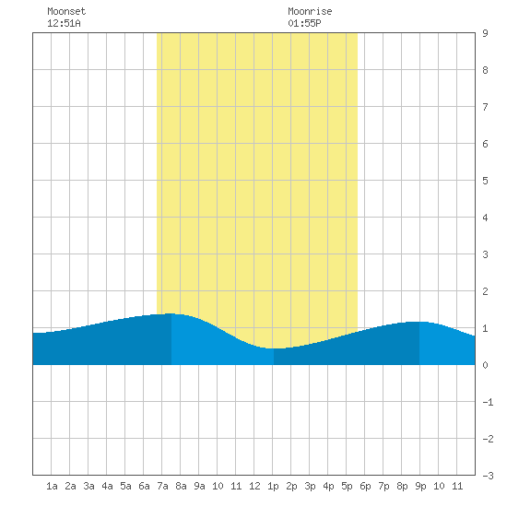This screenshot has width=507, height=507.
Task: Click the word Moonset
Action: pyautogui.click(x=66, y=11)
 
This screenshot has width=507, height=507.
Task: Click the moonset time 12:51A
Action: pyautogui.click(x=64, y=23)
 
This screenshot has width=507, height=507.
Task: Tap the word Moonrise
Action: pyautogui.click(x=310, y=11)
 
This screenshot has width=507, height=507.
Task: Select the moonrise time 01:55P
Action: pyautogui.click(x=304, y=23)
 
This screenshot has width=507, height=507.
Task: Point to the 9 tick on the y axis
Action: pyautogui.click(x=485, y=33)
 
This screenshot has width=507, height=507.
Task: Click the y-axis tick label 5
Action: pyautogui.click(x=485, y=181)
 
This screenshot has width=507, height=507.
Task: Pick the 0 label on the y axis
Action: pyautogui.click(x=485, y=365)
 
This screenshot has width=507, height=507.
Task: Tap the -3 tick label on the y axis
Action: pyautogui.click(x=488, y=476)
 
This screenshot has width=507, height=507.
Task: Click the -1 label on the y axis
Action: pyautogui.click(x=488, y=402)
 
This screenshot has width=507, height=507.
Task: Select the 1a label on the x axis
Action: pyautogui.click(x=52, y=486)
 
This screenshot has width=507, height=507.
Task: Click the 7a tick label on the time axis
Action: pyautogui.click(x=162, y=486)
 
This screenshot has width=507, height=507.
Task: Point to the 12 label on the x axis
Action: pyautogui.click(x=254, y=486)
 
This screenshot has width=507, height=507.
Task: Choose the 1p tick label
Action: pyautogui.click(x=273, y=486)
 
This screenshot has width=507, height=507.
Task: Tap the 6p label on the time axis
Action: pyautogui.click(x=365, y=486)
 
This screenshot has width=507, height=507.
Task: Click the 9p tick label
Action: pyautogui.click(x=420, y=486)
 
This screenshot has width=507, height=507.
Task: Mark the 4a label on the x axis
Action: pyautogui.click(x=107, y=486)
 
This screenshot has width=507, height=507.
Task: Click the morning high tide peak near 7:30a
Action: pyautogui.click(x=171, y=313)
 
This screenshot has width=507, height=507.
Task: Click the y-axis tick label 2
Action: pyautogui.click(x=485, y=291)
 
